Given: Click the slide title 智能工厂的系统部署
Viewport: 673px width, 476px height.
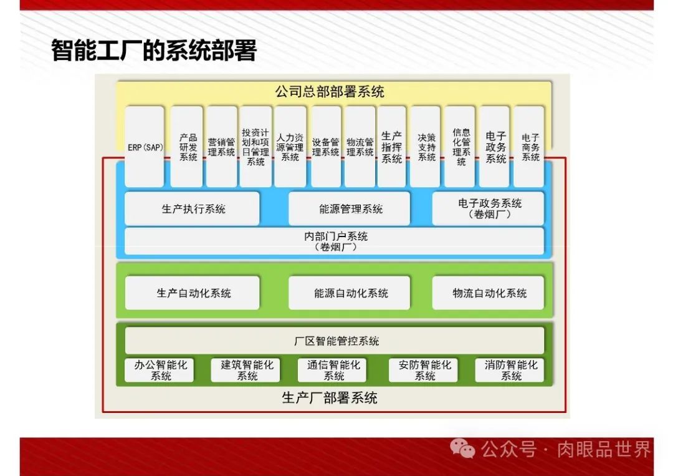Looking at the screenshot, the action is pyautogui.click(x=153, y=51).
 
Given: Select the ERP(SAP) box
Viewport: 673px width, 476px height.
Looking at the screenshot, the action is pyautogui.click(x=145, y=147).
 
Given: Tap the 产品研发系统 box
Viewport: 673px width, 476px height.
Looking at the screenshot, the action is pyautogui.click(x=188, y=147).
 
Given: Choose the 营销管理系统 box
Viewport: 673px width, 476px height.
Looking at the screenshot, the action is pyautogui.click(x=222, y=147).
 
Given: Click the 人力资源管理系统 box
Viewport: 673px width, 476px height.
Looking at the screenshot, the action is pyautogui.click(x=290, y=147).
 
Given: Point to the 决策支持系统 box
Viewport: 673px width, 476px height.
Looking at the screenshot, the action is pyautogui.click(x=426, y=147).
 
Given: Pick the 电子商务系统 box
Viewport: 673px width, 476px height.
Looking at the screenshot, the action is pyautogui.click(x=530, y=147).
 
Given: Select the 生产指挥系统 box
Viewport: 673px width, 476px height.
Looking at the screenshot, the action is pyautogui.click(x=391, y=147).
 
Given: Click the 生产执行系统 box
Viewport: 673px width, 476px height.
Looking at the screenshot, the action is pyautogui.click(x=193, y=209).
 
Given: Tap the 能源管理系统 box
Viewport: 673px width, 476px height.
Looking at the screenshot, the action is pyautogui.click(x=350, y=209).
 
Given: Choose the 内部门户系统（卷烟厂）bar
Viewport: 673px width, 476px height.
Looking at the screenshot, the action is pyautogui.click(x=335, y=241).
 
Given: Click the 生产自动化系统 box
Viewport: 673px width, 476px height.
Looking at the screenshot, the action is pyautogui.click(x=193, y=293).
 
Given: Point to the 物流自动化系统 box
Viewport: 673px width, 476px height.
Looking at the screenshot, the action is pyautogui.click(x=489, y=293).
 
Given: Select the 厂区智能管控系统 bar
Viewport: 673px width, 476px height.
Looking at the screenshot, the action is pyautogui.click(x=335, y=341).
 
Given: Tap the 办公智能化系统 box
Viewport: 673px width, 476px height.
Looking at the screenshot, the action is pyautogui.click(x=160, y=371).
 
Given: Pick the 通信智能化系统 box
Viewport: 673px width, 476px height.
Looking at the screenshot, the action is pyautogui.click(x=333, y=371).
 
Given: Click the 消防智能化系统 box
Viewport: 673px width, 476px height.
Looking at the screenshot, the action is pyautogui.click(x=510, y=371).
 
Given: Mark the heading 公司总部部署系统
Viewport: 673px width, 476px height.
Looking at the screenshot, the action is pyautogui.click(x=330, y=92).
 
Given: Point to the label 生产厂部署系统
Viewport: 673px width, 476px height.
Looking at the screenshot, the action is pyautogui.click(x=330, y=398).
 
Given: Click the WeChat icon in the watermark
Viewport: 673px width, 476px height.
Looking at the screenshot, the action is pyautogui.click(x=462, y=448).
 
